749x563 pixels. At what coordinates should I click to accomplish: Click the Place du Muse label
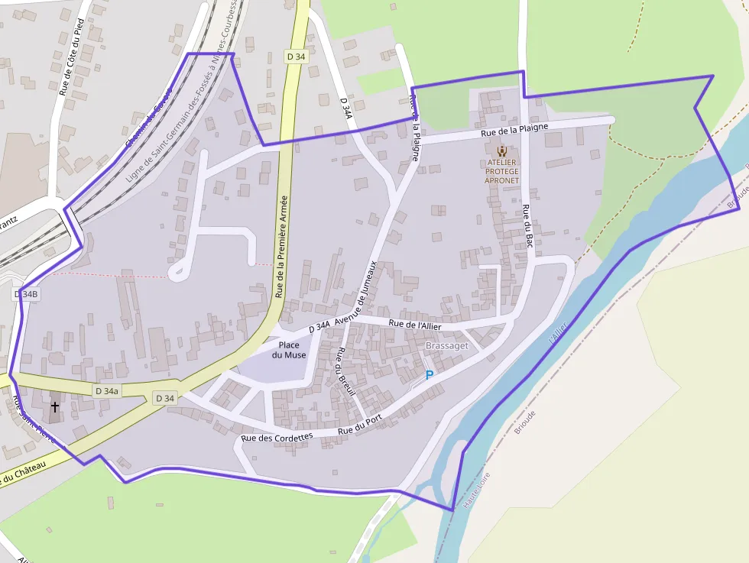click(x=289, y=350)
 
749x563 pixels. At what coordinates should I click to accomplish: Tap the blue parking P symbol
click(x=429, y=375)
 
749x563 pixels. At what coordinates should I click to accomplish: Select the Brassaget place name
click(x=446, y=346)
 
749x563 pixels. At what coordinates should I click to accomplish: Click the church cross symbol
click(x=54, y=407)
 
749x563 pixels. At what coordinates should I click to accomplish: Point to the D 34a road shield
click(x=106, y=390)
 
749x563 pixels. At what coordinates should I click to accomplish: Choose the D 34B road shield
click(x=25, y=294)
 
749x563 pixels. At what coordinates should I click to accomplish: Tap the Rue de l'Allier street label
click(x=415, y=325)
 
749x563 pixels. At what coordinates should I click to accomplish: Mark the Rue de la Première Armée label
click(x=280, y=246)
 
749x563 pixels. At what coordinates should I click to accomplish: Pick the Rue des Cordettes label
click(x=277, y=438)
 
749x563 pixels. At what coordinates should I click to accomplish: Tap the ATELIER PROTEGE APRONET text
click(x=501, y=171)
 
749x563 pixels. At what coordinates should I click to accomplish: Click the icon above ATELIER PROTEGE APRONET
click(x=501, y=151)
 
